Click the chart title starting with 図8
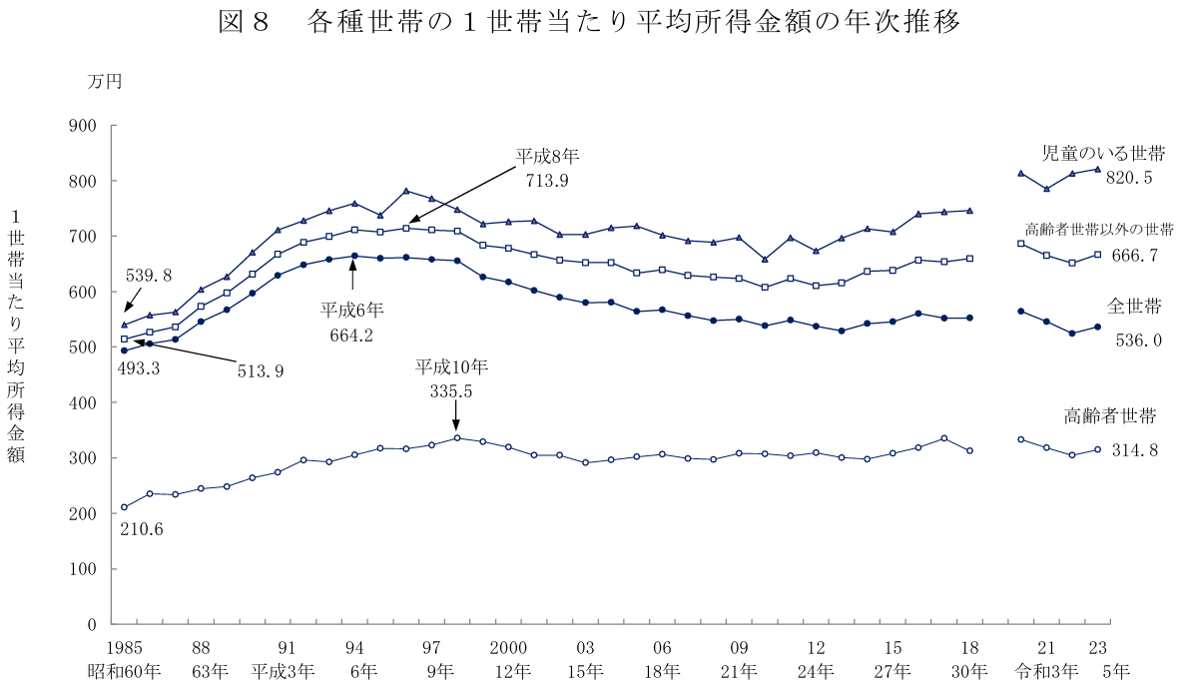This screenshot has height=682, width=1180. click(x=589, y=23)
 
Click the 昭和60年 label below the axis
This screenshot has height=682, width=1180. click(x=124, y=668)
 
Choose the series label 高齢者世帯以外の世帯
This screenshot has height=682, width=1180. click(x=1099, y=230)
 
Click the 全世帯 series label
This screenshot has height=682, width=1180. click(x=1132, y=305)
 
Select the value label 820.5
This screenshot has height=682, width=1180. click(x=1128, y=178)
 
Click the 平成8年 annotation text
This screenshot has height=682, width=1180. click(x=547, y=157)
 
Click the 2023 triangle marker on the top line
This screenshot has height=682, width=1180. click(x=1097, y=169)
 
